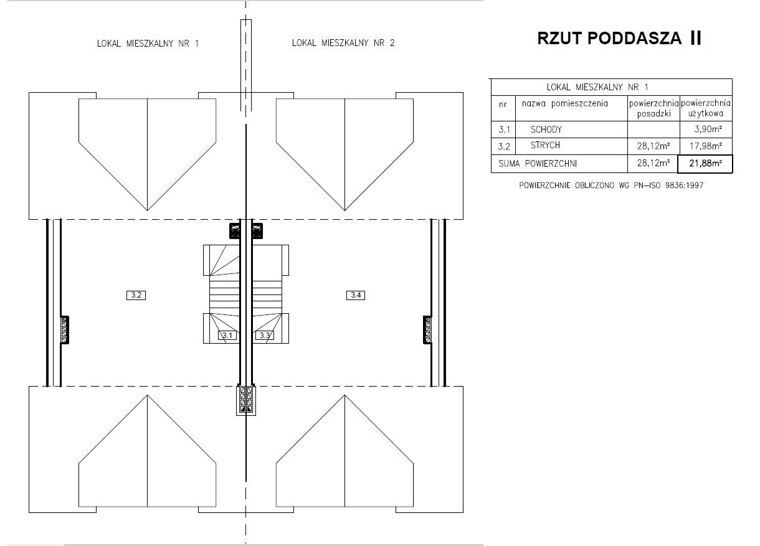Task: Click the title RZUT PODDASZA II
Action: point(619,38)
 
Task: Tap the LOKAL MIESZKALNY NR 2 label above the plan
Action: point(343,43)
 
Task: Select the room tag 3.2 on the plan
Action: point(136,295)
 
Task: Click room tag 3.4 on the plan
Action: point(356,295)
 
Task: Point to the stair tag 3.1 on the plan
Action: point(227,336)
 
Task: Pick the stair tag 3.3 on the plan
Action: point(265,336)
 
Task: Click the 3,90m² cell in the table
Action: point(708,129)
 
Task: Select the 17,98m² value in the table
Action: point(706,146)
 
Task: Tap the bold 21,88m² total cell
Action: point(705,164)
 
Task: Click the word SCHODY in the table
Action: point(546,129)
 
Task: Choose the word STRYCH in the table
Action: point(545,145)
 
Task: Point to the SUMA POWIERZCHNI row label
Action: point(538,164)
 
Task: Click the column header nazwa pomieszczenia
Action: point(565,103)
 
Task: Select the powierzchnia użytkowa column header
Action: point(706,108)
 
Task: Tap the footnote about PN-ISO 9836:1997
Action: point(611,186)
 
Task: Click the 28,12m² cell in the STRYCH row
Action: point(653,146)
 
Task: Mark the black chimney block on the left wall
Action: point(64,329)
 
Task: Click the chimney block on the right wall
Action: point(427,329)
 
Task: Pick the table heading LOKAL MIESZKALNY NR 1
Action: point(597,87)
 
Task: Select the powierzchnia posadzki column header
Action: point(654,108)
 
